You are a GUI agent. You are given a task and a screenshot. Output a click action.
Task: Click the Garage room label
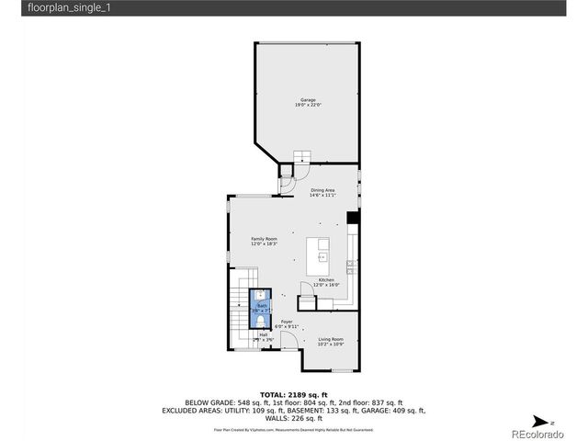[307, 99]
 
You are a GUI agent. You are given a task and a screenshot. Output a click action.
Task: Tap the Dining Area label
[322, 190]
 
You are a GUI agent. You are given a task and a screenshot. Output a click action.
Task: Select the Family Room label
[265, 239]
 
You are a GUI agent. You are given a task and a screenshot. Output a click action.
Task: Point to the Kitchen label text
[326, 280]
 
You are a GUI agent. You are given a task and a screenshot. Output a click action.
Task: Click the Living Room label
[331, 339]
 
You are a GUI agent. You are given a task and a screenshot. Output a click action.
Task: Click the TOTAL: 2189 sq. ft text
[293, 393]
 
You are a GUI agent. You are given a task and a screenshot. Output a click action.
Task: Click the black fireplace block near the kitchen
[352, 219]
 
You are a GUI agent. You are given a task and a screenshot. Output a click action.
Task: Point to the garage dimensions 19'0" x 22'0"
[307, 105]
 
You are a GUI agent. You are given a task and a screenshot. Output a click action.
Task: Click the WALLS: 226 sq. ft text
[293, 418]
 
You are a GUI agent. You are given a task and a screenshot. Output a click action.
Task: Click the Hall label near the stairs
[264, 334]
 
